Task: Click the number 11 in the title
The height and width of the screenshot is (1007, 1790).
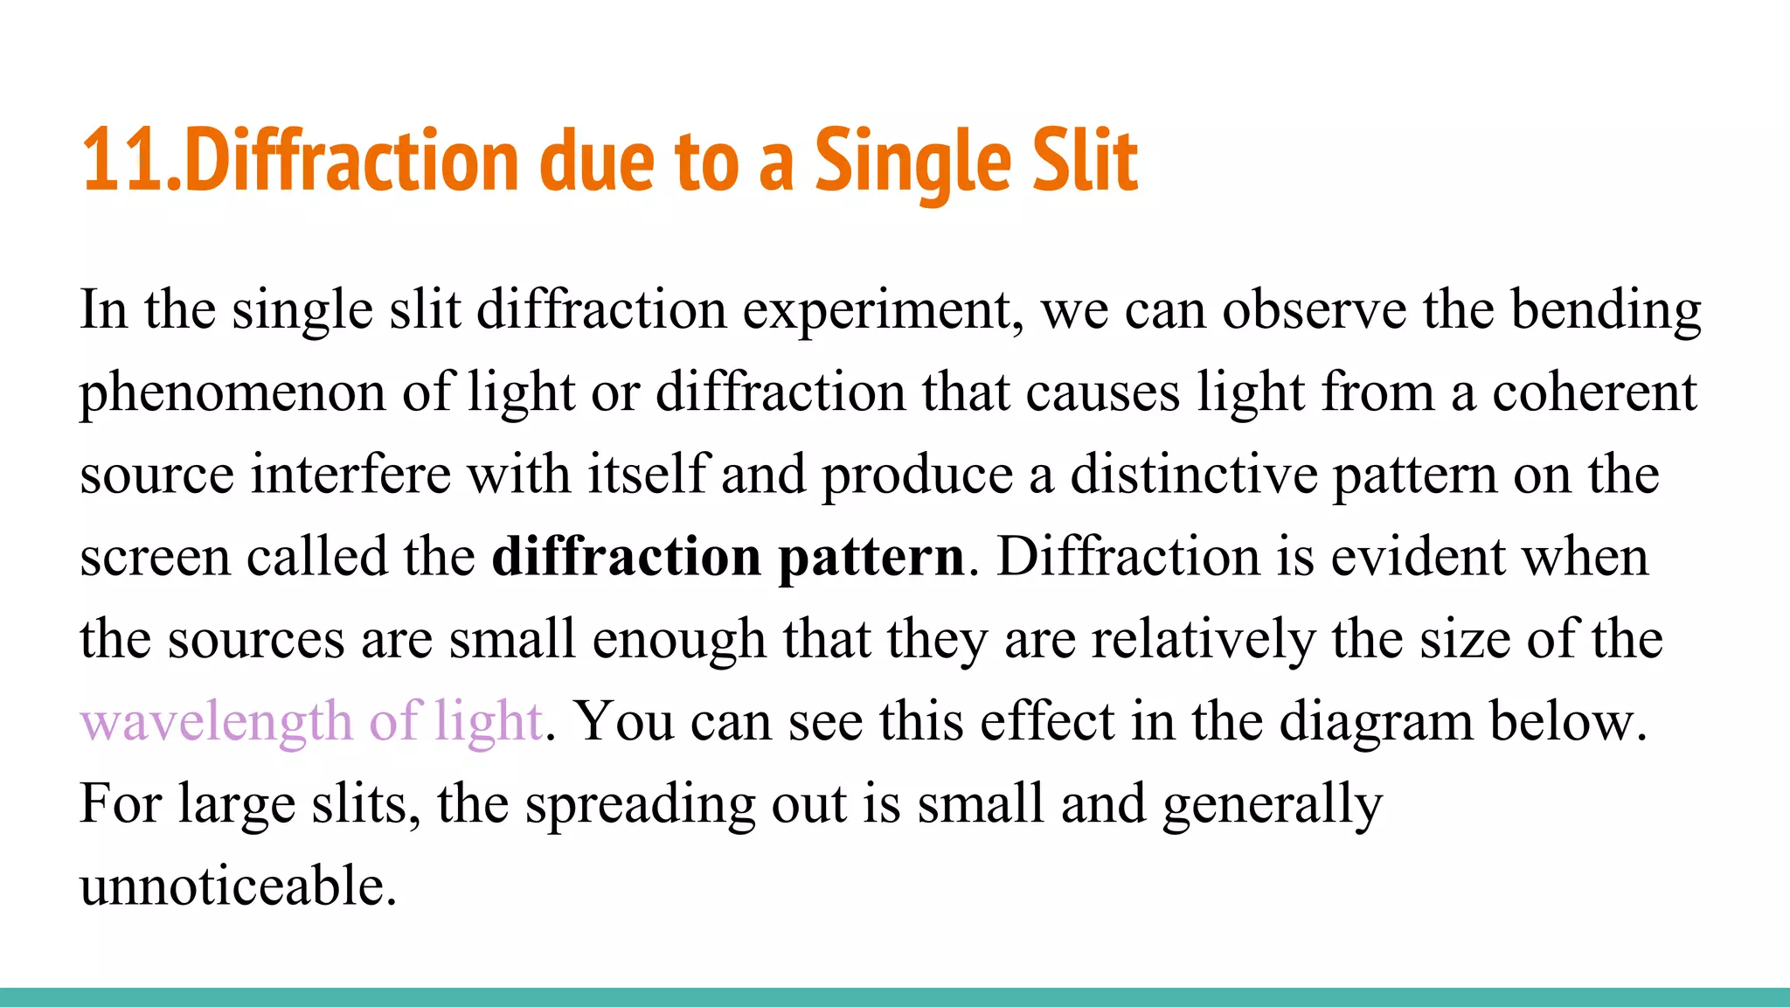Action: [x=122, y=162]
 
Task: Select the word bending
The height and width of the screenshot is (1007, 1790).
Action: [x=1606, y=311]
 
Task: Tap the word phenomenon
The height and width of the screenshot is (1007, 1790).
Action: [x=232, y=393]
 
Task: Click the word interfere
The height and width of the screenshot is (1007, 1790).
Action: [x=350, y=474]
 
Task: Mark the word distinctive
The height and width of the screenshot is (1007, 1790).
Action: [x=1194, y=474]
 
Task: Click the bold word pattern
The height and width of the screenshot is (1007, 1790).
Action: [x=871, y=558]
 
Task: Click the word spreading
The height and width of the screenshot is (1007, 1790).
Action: [x=640, y=804]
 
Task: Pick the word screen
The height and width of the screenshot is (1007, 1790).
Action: [x=155, y=558]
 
